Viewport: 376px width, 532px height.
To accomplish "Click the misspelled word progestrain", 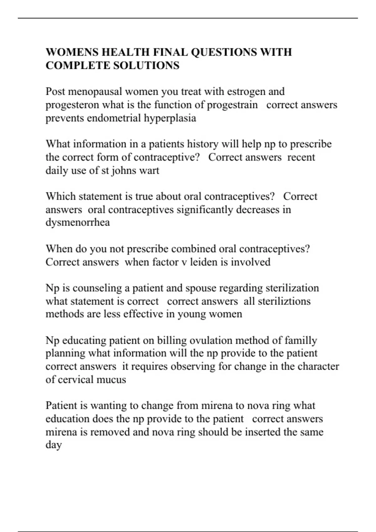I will pyautogui.click(x=232, y=105).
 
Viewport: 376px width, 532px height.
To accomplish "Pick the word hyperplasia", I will pyautogui.click(x=170, y=118).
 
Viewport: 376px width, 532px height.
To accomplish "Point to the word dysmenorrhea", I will pyautogui.click(x=78, y=223).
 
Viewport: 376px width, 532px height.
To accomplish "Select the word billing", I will pyautogui.click(x=172, y=340).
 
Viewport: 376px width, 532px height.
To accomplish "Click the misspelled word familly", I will pyautogui.click(x=300, y=340).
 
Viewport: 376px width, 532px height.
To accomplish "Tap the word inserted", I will pyautogui.click(x=263, y=432).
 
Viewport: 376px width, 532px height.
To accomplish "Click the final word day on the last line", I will pyautogui.click(x=54, y=445).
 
